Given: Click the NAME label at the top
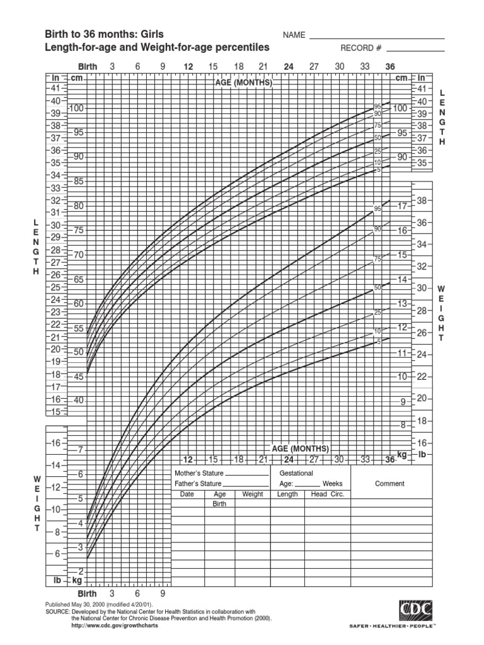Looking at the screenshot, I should (x=294, y=35).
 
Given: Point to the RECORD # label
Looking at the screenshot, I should (x=362, y=48).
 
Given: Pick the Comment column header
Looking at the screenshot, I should (x=389, y=484).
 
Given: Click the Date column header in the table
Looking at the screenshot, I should (x=188, y=494).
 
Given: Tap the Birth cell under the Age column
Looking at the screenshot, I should (x=219, y=505).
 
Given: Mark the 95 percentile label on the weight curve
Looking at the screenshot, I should (x=377, y=208).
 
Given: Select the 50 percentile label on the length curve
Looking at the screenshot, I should (x=377, y=137).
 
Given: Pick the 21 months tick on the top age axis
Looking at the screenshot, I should (x=263, y=66).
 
